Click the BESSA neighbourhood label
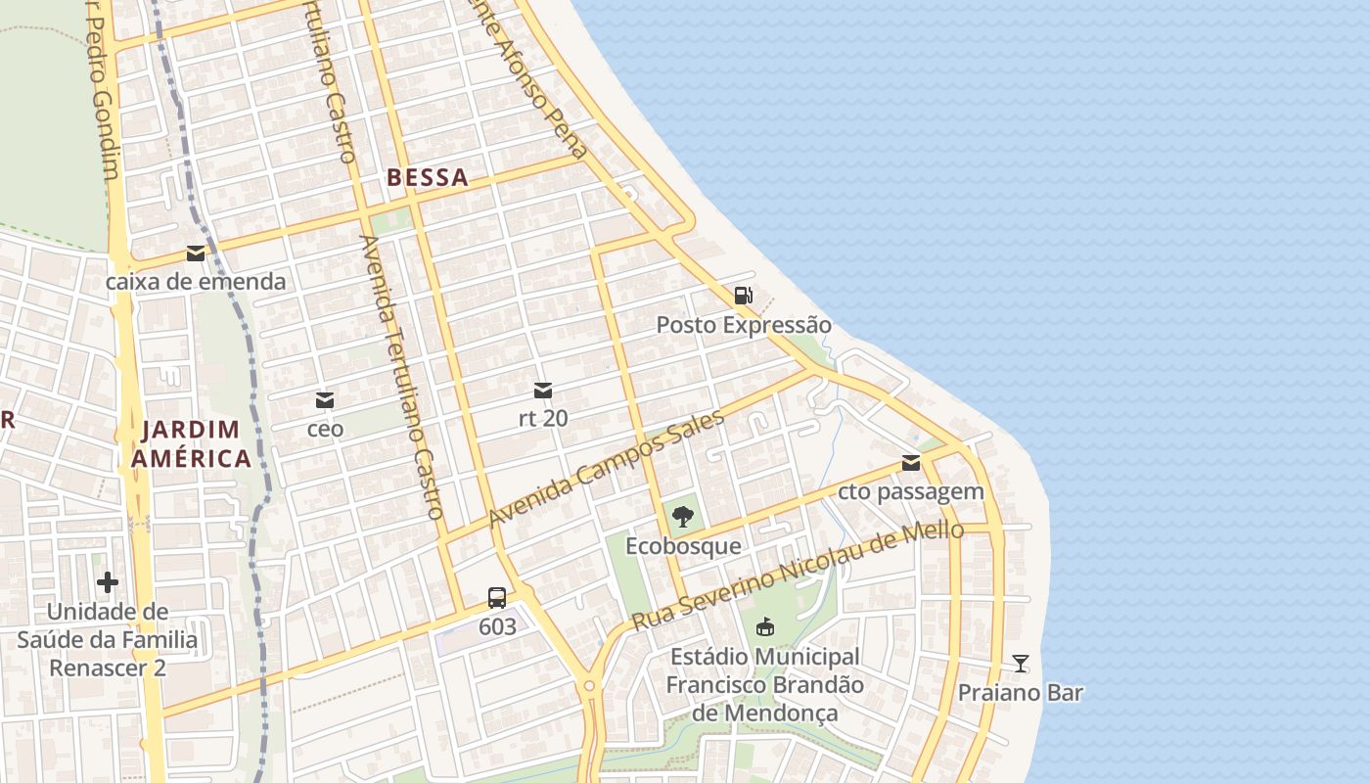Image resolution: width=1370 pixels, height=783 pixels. coord(428,178)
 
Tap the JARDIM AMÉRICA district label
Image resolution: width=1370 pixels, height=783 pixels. coord(192,443)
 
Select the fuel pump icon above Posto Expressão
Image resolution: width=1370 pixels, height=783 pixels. coord(744,296)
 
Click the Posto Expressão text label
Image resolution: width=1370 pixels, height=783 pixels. coord(744,325)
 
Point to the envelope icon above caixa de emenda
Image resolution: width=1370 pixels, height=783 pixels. coord(196,253)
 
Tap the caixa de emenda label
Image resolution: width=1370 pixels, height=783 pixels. coord(196,282)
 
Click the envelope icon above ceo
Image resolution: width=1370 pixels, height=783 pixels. coord(325,400)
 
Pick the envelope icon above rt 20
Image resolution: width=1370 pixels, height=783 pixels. coord(543,391)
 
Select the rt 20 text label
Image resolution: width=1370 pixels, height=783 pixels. coord(543,418)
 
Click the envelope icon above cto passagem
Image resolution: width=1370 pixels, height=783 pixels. coord(911,463)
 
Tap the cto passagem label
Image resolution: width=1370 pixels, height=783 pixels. coord(911,491)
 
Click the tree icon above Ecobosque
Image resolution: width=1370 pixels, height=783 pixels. coord(683,517)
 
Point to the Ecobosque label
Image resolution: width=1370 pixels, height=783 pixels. coord(683,545)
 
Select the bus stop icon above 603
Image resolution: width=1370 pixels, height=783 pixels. coord(497,597)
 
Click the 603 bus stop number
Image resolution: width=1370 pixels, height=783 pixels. coord(497,625)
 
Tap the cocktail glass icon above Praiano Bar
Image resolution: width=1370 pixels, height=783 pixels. coord(1021,664)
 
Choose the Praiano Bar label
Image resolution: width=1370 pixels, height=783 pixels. coord(1021,693)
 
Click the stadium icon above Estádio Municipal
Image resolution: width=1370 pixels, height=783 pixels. coord(765,626)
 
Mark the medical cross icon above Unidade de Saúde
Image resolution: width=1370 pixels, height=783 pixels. coord(108,583)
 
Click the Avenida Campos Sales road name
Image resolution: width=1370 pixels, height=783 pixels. coord(607,468)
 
